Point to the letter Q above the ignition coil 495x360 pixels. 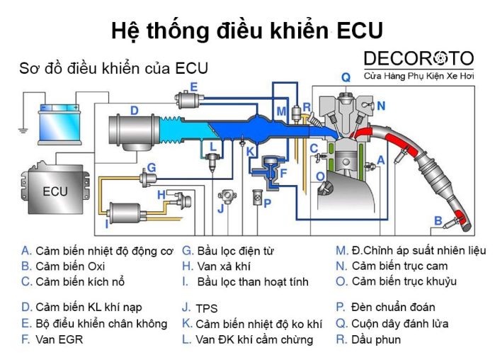[x=346, y=77]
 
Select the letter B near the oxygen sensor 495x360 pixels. [x=438, y=220]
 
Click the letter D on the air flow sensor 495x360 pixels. [x=134, y=110]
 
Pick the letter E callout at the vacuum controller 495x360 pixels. [x=193, y=86]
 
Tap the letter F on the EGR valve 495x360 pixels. [x=283, y=172]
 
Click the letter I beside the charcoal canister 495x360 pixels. [x=107, y=224]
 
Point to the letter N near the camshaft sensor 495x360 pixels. [x=381, y=106]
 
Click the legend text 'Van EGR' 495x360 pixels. [x=59, y=339]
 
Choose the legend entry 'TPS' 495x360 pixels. [x=206, y=308]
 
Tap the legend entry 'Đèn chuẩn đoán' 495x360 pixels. [x=394, y=307]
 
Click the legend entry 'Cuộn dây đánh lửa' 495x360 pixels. [x=400, y=323]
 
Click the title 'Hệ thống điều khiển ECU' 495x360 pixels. [x=247, y=30]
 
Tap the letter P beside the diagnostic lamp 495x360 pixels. [x=267, y=203]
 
